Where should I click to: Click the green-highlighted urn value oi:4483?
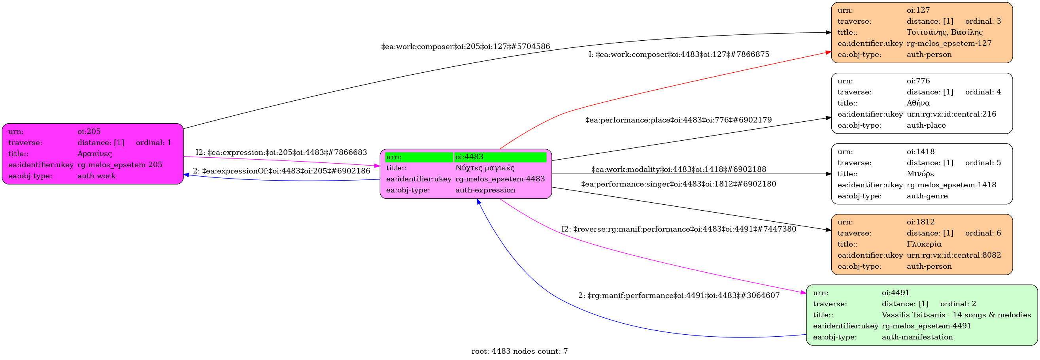point(469,157)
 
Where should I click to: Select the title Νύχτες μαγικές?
point(485,168)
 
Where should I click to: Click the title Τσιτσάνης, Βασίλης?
point(944,32)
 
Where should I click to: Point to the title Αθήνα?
point(918,103)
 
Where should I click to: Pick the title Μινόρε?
point(920,174)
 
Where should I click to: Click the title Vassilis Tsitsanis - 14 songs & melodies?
point(956,315)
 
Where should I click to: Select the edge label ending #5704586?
point(465,47)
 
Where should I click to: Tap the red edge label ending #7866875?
point(679,55)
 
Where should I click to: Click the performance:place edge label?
point(678,120)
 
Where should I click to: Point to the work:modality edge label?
point(678,170)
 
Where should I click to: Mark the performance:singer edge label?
point(678,185)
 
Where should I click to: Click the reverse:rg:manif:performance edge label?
point(678,230)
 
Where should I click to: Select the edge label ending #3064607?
point(679,296)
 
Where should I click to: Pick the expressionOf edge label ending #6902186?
point(281,171)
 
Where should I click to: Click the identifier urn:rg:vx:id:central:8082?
point(953,255)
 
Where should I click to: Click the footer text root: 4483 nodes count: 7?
point(519,352)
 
